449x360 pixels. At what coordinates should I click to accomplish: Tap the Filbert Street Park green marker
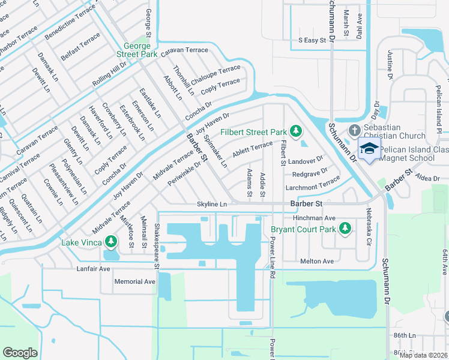pos(295,131)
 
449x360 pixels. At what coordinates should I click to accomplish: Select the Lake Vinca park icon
pos(110,242)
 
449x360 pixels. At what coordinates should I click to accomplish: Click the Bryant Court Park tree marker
pos(345,228)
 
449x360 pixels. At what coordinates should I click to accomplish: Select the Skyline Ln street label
pos(212,205)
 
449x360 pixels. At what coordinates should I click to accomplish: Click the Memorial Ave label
pos(135,281)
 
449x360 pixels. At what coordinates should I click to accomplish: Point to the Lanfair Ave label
pos(93,269)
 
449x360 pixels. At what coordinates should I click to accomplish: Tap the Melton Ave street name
pos(316,262)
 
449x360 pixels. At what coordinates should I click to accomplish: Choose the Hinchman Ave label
pos(313,218)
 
